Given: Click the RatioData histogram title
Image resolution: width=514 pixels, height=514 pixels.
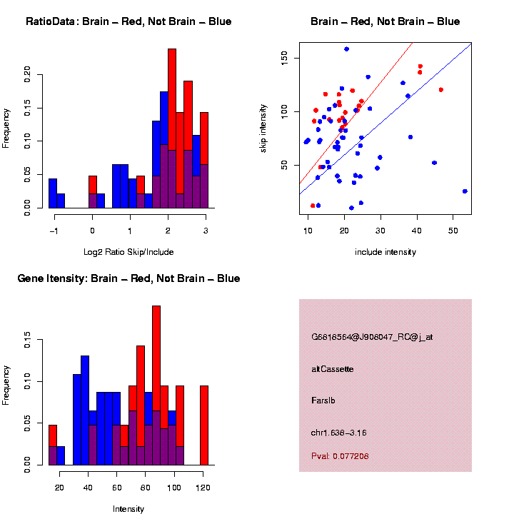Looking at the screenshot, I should [128, 21].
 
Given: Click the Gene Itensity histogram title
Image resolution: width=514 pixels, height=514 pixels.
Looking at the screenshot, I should [128, 278].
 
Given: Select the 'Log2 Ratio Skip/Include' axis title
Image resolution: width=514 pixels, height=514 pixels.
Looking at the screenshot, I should [128, 251].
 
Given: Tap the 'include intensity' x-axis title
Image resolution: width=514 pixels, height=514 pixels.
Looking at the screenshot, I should [385, 251].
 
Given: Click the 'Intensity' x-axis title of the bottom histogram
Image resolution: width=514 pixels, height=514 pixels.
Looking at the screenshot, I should [128, 508].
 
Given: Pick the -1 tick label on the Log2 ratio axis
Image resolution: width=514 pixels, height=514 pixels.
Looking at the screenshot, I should [54, 231].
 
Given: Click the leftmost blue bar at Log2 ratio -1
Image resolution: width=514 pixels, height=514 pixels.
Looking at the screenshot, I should [53, 193].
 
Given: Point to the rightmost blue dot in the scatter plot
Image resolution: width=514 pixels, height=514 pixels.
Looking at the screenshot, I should [465, 191].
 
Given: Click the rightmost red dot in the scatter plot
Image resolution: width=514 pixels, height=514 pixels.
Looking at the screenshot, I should [441, 90].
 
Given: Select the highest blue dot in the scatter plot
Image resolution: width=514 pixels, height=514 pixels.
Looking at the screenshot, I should [346, 49].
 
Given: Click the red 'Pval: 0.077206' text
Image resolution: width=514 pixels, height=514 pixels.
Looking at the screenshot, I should [341, 455].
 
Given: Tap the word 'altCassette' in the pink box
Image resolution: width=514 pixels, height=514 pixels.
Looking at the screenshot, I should [333, 369].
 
